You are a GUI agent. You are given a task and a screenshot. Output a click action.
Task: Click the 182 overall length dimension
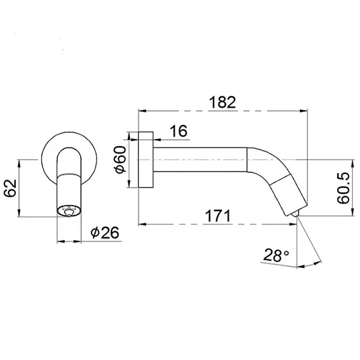[222, 102]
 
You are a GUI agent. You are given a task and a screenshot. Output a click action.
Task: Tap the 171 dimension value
[217, 216]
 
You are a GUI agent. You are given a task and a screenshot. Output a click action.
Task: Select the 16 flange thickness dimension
[178, 131]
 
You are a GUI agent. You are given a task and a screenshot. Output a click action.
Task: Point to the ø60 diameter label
[120, 159]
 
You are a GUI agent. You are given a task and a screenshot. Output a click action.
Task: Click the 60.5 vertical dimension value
[343, 188]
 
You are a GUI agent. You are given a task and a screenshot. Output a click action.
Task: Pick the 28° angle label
[276, 255]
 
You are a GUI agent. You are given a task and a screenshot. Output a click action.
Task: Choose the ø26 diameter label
[105, 232]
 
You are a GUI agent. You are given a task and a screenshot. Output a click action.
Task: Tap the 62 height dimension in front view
[11, 188]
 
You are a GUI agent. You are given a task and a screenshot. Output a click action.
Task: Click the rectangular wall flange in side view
[146, 160]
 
